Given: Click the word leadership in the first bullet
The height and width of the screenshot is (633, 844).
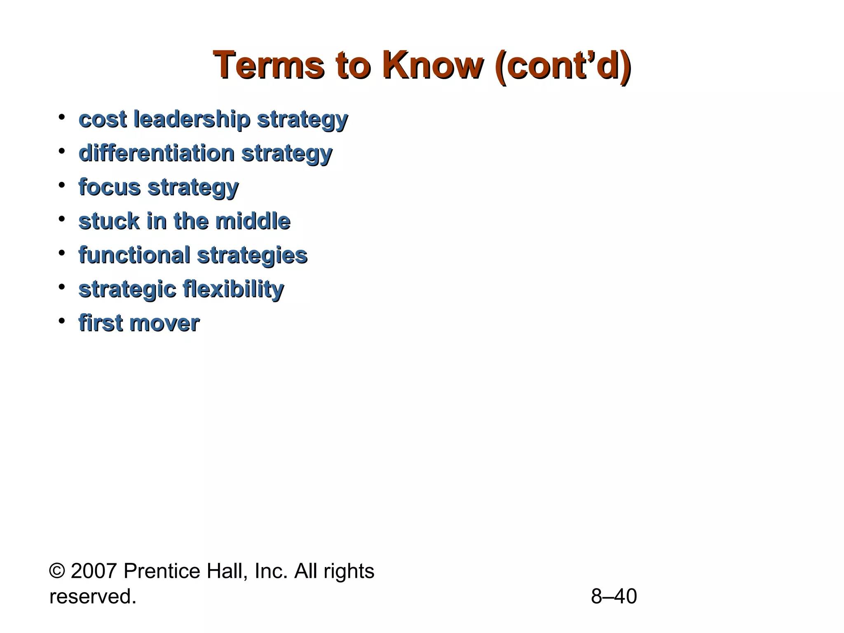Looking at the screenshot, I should pos(192,120).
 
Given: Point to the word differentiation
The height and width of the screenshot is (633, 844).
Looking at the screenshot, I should pos(157,153).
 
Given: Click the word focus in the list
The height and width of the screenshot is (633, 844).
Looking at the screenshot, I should pos(110,188).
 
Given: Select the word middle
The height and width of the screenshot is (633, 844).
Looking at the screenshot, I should pos(253,221).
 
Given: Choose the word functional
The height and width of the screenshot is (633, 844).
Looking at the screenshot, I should pos(134,255).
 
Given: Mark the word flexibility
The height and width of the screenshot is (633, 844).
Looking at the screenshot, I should pos(233,289).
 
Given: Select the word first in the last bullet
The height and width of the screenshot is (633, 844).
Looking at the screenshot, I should pos(101,323).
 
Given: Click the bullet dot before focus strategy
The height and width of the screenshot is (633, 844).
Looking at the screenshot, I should pos(62,185).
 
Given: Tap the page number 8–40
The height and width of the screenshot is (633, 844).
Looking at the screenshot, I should pos(614,596).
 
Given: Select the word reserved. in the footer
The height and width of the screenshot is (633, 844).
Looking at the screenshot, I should pos(93,597).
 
